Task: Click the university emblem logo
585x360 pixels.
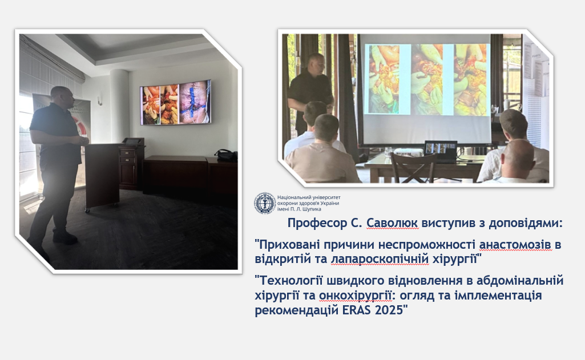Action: tap(265, 203)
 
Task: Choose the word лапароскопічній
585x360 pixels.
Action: tap(380, 258)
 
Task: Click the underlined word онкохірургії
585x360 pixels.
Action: tap(355, 296)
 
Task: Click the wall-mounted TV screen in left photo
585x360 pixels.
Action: tap(175, 102)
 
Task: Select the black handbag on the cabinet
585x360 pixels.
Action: tap(226, 155)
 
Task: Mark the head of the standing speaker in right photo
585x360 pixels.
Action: tap(316, 64)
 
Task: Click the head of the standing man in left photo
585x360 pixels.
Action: tap(62, 96)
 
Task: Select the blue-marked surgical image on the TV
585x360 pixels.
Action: tap(195, 103)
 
